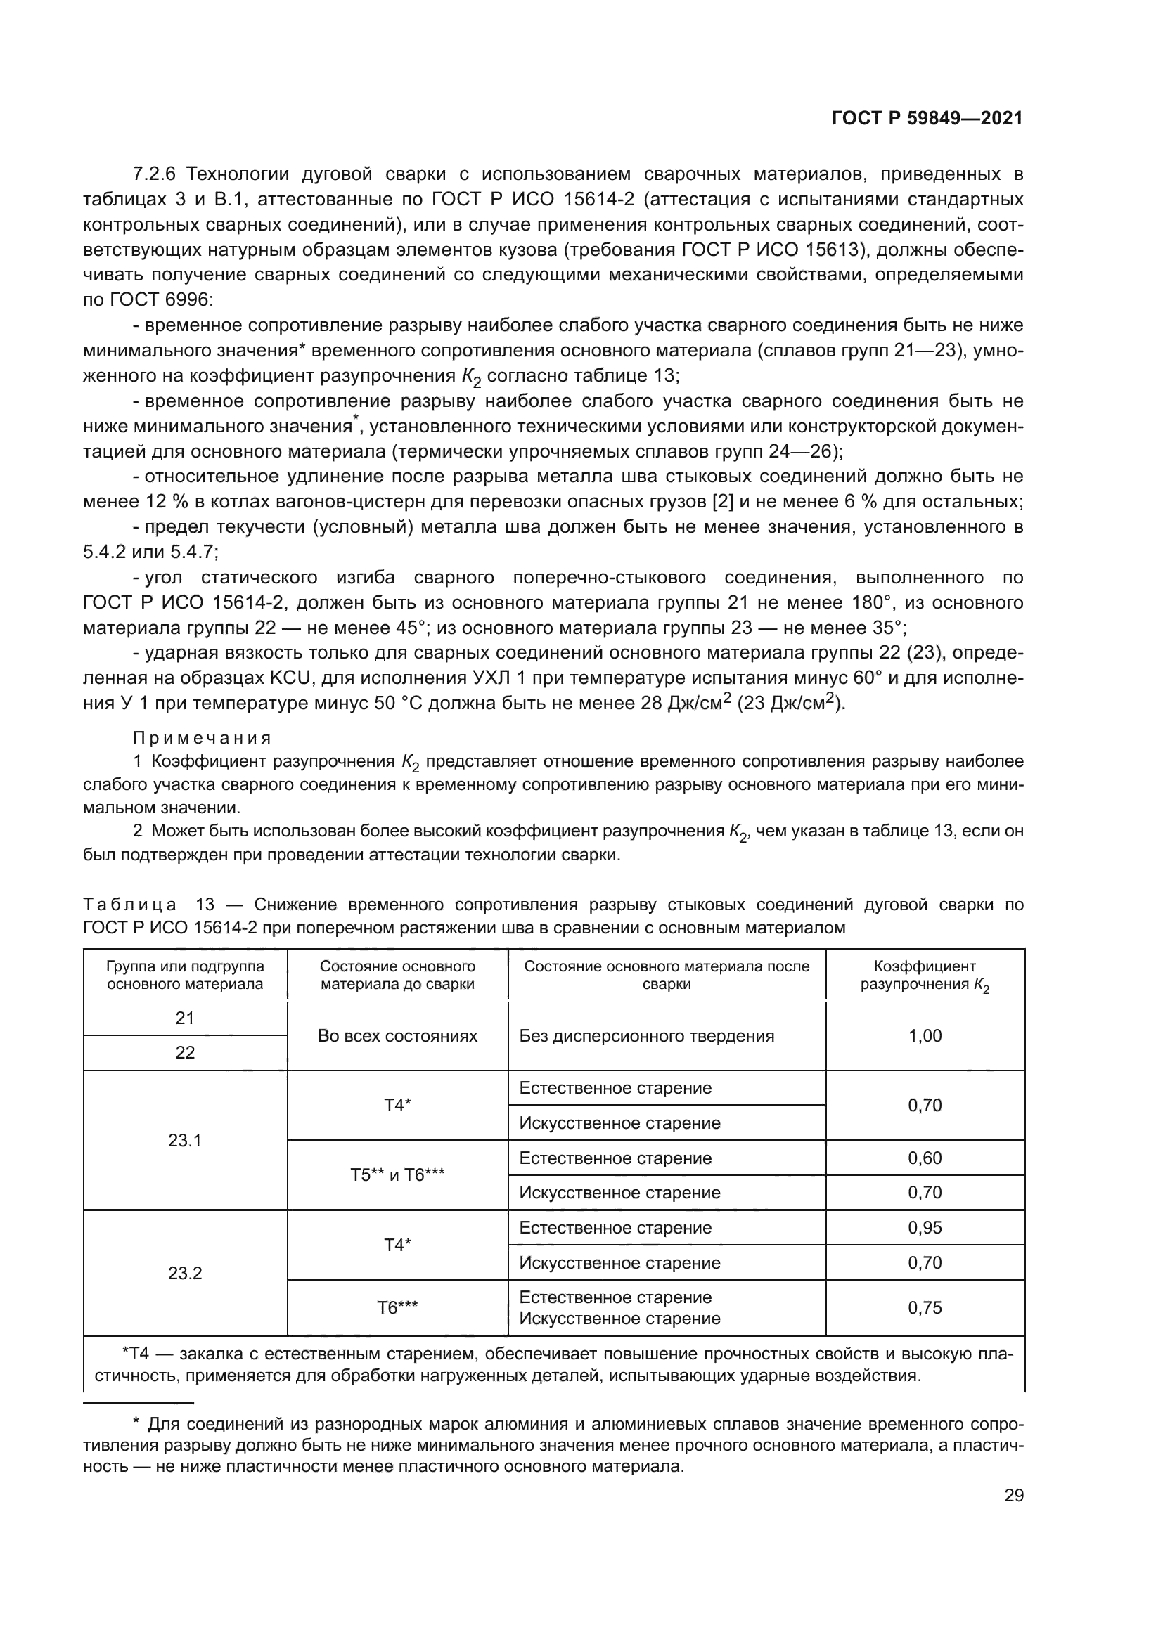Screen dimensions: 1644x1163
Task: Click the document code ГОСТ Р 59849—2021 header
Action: [927, 119]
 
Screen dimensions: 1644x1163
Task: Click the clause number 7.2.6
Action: [154, 174]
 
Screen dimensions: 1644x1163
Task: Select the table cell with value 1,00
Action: [925, 1036]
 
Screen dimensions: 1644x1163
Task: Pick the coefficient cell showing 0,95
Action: [925, 1228]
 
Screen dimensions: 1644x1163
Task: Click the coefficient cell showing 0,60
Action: [925, 1158]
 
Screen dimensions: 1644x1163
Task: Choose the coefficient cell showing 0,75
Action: [925, 1308]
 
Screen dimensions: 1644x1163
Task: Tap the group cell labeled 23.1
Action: [185, 1141]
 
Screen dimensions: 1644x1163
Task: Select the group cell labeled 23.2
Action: [185, 1273]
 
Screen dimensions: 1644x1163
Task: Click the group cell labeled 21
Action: [185, 1018]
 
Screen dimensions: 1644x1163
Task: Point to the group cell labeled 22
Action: [185, 1053]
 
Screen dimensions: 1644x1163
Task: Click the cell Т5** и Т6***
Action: [397, 1175]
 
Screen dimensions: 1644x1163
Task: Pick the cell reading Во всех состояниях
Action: [397, 1036]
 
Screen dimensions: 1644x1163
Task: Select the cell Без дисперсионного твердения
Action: [647, 1036]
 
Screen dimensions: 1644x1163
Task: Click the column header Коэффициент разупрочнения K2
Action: [925, 976]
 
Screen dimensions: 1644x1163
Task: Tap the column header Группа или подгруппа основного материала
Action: [185, 976]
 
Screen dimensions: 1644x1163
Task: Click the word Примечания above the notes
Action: [203, 738]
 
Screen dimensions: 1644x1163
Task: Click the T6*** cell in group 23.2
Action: [397, 1308]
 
